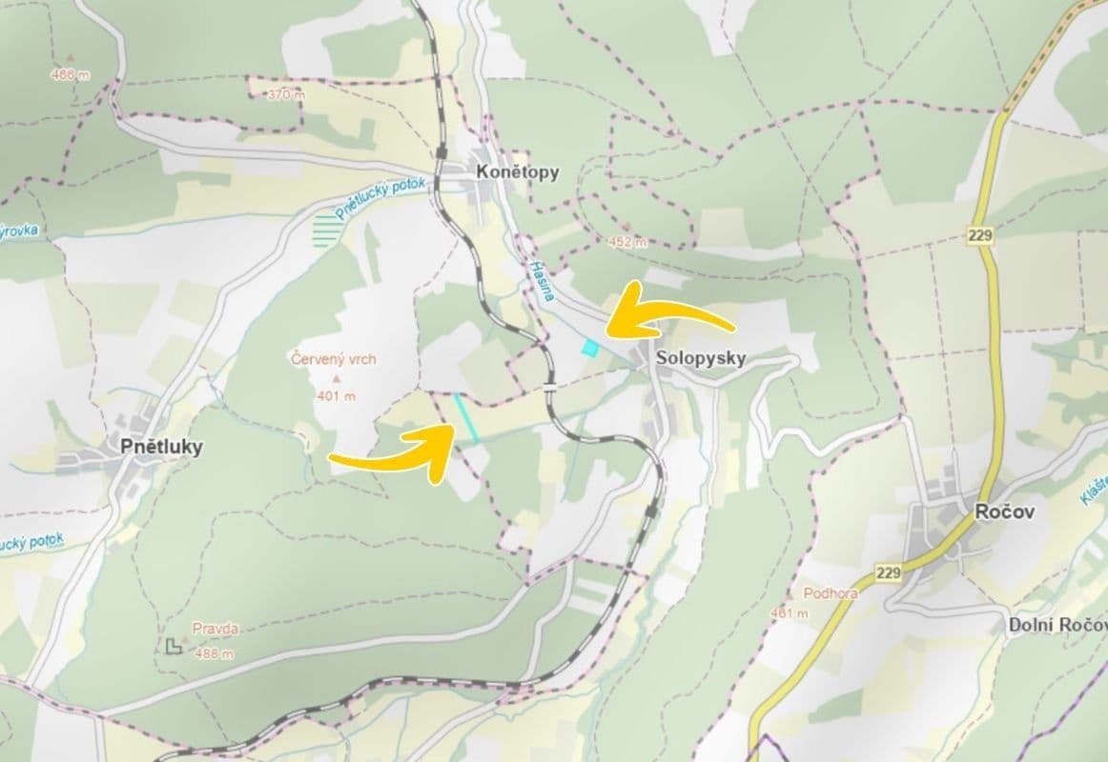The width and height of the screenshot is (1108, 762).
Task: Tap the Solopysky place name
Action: tap(700, 359)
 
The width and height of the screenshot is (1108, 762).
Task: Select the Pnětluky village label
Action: tap(161, 446)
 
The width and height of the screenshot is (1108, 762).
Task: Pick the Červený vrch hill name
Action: tap(334, 359)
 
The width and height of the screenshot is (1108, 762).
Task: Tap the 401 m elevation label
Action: tap(336, 395)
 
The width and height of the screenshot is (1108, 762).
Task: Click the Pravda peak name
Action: tap(215, 629)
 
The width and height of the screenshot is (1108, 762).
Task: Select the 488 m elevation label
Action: tap(213, 653)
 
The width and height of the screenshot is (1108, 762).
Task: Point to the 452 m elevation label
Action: tap(626, 242)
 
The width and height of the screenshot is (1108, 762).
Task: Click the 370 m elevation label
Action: tap(286, 94)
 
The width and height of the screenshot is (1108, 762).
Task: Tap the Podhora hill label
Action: tap(831, 592)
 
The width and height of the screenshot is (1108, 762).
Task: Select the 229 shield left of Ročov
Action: tap(888, 572)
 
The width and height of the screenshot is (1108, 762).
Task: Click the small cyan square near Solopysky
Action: tap(591, 349)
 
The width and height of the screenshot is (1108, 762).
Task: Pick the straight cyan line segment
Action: tap(466, 418)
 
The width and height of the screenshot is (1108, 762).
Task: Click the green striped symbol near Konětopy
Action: tap(326, 231)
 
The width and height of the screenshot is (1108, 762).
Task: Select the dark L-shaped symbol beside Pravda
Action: tap(174, 647)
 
